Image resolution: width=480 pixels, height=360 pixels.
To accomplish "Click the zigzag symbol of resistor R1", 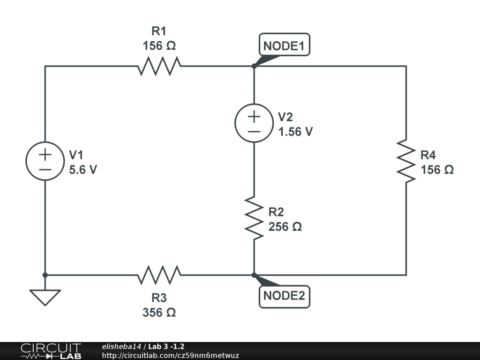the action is (x=159, y=66).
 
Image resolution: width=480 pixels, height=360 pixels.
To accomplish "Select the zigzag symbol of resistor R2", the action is (x=254, y=218).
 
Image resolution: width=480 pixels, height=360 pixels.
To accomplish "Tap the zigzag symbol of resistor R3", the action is (x=159, y=275).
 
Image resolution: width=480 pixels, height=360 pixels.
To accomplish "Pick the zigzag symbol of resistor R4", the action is (x=406, y=161).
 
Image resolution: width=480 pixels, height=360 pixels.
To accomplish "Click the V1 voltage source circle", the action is (x=45, y=142).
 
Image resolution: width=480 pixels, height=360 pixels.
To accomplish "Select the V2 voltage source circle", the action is (x=254, y=104).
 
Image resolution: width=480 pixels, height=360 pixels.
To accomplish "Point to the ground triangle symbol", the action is (x=45, y=297).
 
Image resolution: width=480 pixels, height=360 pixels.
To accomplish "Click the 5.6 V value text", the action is (x=83, y=170).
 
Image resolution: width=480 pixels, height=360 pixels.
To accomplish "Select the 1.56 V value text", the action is (x=295, y=132).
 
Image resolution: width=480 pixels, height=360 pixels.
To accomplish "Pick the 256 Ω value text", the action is (x=285, y=227).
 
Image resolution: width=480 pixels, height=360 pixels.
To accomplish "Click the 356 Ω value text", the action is (x=159, y=313).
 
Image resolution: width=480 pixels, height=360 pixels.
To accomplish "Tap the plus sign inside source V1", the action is (x=45, y=155).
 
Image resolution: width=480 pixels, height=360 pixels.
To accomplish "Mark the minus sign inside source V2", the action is (x=254, y=132).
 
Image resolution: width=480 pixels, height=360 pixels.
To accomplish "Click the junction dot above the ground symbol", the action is (x=45, y=275).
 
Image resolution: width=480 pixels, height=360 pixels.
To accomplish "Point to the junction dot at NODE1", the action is (x=254, y=66).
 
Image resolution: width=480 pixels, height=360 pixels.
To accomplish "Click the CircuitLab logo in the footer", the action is (x=51, y=351).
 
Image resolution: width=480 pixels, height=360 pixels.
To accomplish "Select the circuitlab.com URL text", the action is (x=171, y=355).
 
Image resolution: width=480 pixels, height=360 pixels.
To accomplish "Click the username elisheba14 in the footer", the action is (x=121, y=346).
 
